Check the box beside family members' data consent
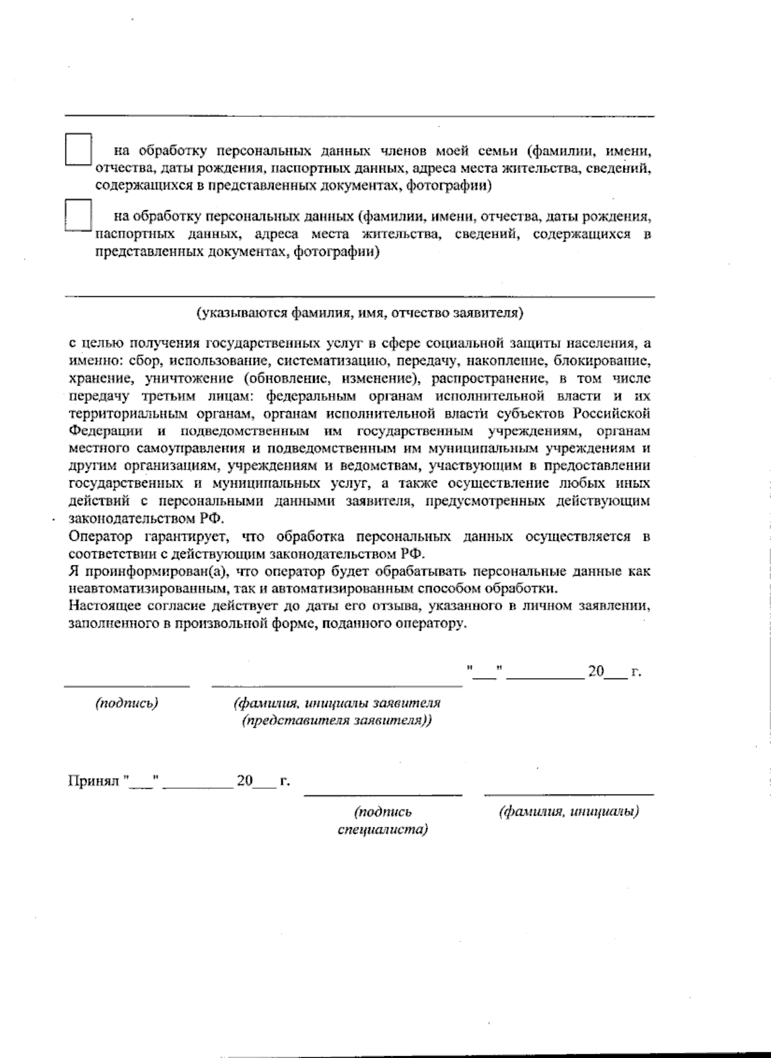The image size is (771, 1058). point(78,150)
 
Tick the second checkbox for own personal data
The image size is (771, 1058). point(78,215)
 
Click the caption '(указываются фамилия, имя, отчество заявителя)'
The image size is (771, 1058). point(360,313)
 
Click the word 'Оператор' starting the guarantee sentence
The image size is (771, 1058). point(100,536)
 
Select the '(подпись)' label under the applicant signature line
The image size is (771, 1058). point(127,703)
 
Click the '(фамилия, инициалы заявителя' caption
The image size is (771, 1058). point(337,703)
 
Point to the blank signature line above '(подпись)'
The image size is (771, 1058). point(127,686)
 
